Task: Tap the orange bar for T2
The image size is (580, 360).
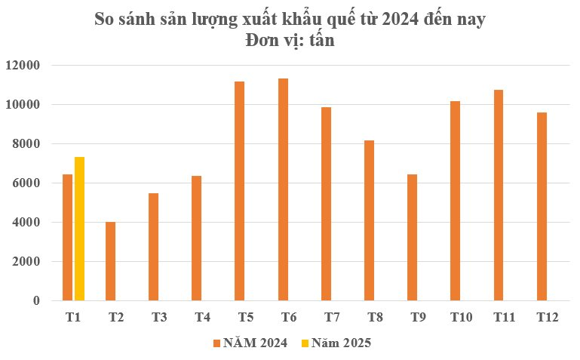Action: tap(111, 261)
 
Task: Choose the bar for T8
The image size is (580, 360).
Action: tap(369, 220)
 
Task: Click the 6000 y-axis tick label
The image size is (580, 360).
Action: tap(26, 183)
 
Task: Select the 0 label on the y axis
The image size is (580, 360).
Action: tap(36, 301)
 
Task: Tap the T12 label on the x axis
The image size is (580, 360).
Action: tap(547, 318)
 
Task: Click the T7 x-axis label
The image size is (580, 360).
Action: tap(331, 318)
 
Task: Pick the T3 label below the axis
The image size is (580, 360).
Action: tap(159, 318)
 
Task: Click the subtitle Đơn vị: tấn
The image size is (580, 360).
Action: tap(290, 42)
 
